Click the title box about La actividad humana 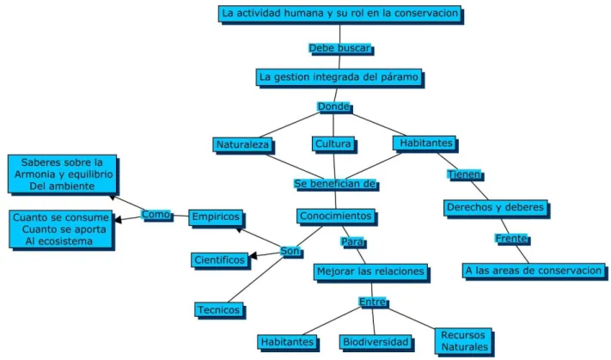tap(339, 14)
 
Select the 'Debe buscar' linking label tap(339, 48)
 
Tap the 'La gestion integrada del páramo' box tap(339, 77)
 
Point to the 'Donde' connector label tap(333, 107)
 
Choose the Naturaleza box tap(242, 144)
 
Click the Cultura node tap(333, 143)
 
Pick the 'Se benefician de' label tap(335, 184)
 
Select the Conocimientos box tap(335, 216)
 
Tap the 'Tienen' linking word tap(464, 174)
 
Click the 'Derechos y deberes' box tap(495, 208)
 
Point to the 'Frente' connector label tap(511, 239)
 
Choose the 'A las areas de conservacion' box tap(534, 271)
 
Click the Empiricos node tap(216, 217)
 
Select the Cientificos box tap(219, 259)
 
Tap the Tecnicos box tap(218, 310)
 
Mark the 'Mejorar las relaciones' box tap(370, 272)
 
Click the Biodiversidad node tap(376, 342)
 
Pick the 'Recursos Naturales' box tap(464, 341)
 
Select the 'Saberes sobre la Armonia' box tap(63, 174)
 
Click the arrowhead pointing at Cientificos tap(253, 255)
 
